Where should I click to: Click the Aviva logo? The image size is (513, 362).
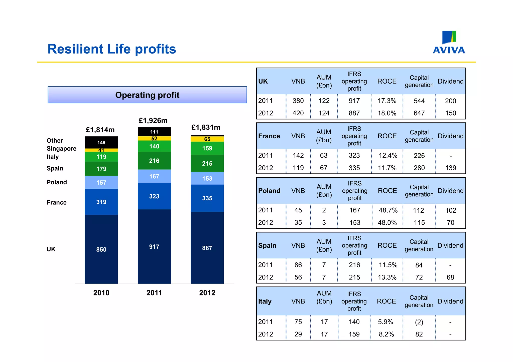449,42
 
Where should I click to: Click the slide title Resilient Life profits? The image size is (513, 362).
112,49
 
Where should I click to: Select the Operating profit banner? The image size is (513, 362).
147,95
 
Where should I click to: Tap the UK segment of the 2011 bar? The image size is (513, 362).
154,247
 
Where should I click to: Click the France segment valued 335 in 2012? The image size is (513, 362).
207,198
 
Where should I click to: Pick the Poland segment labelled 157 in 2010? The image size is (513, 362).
101,183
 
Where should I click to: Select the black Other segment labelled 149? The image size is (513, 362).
101,142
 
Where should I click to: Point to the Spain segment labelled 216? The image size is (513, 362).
154,161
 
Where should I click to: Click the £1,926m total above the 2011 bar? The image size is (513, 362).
153,121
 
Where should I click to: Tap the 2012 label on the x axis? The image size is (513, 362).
207,293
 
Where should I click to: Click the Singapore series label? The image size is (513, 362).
61,149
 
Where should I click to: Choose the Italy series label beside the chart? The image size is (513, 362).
53,157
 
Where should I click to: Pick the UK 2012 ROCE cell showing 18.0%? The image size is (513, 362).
387,113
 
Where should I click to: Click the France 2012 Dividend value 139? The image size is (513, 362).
450,168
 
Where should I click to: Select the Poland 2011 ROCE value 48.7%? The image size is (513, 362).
388,210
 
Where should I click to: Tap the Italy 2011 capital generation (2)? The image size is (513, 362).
419,322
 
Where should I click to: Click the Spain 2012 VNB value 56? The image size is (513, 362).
298,277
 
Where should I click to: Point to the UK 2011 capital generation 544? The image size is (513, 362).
419,101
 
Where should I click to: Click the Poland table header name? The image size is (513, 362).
269,191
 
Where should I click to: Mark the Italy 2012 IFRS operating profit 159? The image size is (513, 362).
354,334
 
